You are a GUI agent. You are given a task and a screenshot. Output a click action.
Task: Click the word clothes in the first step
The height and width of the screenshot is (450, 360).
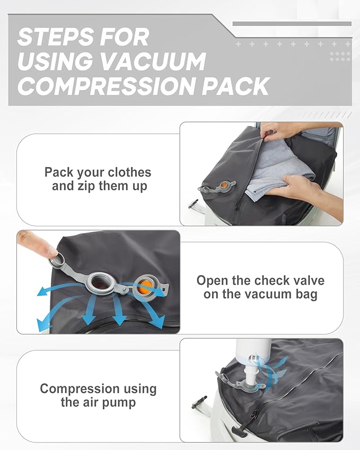pyautogui.click(x=129, y=173)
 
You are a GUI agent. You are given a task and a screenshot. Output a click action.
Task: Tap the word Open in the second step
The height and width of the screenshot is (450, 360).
pyautogui.click(x=214, y=280)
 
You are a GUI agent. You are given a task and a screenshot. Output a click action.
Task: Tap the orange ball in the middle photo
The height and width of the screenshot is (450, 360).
pyautogui.click(x=145, y=286)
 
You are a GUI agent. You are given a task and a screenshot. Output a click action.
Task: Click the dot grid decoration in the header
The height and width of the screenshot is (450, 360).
pyautogui.click(x=339, y=56)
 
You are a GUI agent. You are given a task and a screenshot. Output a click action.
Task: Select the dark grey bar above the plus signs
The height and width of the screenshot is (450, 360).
pyautogui.click(x=292, y=23)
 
